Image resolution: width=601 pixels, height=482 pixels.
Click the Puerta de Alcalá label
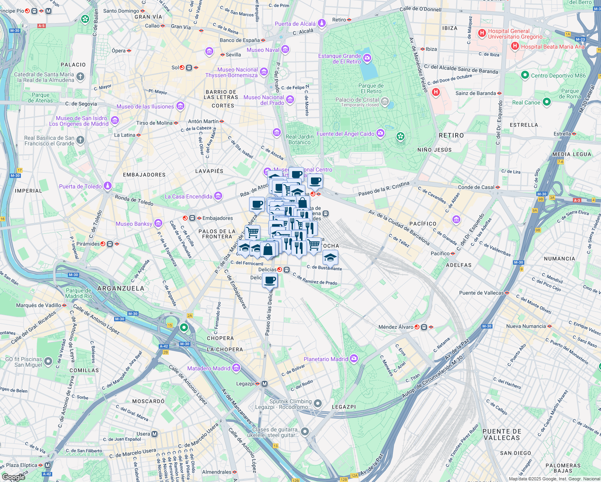click(295, 24)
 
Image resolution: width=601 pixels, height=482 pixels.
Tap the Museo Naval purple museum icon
click(285, 50)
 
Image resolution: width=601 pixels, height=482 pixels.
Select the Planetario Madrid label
click(326, 359)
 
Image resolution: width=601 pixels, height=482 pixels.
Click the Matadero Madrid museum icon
click(236, 368)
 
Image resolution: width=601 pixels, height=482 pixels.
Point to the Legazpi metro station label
click(245, 384)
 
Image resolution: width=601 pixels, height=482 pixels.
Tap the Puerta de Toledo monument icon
click(107, 186)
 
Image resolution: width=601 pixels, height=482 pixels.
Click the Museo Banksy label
click(134, 224)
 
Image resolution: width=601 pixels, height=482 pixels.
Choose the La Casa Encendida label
click(188, 196)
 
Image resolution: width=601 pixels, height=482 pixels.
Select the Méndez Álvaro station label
click(396, 327)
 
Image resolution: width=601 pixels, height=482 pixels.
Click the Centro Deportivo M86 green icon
click(525, 75)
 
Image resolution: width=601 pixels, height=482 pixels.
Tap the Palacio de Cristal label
click(357, 100)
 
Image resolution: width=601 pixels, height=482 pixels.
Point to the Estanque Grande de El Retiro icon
click(367, 59)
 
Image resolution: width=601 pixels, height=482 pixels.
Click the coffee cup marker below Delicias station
click(270, 280)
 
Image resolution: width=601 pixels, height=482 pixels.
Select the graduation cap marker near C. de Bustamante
click(330, 257)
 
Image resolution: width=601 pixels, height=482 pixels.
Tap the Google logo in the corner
click(13, 477)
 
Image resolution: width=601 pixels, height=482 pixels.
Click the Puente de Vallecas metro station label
click(481, 293)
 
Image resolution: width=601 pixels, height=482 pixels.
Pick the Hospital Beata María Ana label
click(552, 47)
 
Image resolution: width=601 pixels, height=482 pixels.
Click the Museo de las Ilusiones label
click(145, 106)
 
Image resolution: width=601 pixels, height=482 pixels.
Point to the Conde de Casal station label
click(476, 187)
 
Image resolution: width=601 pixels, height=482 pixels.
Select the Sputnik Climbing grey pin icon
click(318, 403)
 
